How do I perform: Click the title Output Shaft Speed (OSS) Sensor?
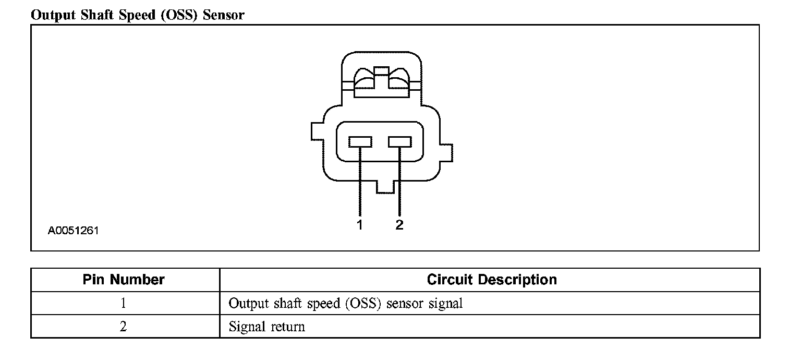coord(137,15)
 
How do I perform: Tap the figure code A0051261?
coord(74,230)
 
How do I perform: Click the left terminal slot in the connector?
coord(360,141)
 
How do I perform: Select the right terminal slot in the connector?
coord(400,141)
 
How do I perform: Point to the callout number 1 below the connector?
coord(360,225)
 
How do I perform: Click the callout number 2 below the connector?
coord(399,225)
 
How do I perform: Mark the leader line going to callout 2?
coord(400,183)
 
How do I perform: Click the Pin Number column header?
coord(124,280)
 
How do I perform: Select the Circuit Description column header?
coord(492,280)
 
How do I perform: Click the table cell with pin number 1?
coord(124,303)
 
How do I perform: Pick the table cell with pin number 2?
coord(124,327)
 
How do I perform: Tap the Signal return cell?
coord(267,327)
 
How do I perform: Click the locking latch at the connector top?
coord(382,81)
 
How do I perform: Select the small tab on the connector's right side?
coord(446,154)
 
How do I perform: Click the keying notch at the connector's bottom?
coord(385,187)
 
